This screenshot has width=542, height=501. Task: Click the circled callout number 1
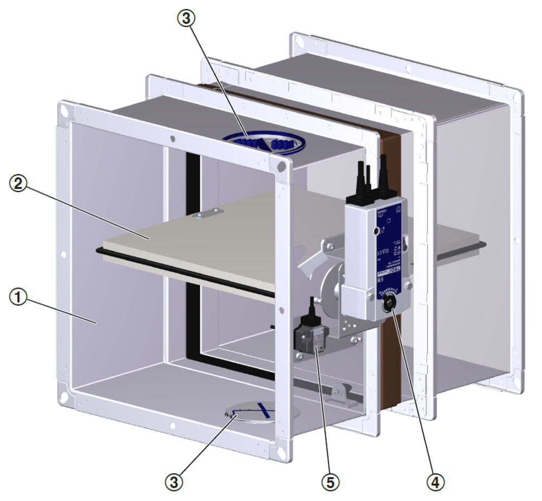point(18,297)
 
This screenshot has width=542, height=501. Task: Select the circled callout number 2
point(18,184)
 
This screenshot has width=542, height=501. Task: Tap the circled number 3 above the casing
point(185,18)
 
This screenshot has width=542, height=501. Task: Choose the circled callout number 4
point(437,480)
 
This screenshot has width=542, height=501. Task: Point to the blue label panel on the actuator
point(389,255)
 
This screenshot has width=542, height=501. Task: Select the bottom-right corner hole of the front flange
point(281,451)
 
